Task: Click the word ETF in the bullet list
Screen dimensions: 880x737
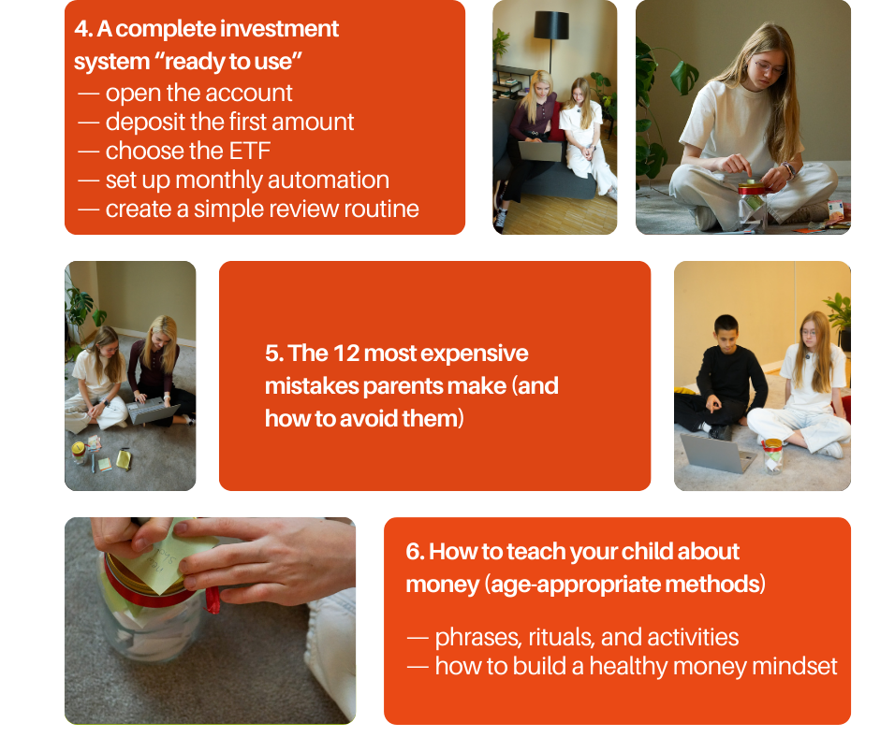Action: (x=250, y=151)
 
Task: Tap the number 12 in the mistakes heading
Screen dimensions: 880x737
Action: (x=345, y=354)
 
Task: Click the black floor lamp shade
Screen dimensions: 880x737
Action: (x=551, y=26)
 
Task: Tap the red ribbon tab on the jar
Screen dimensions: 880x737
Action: (x=213, y=599)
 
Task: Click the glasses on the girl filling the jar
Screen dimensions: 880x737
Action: (x=769, y=68)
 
